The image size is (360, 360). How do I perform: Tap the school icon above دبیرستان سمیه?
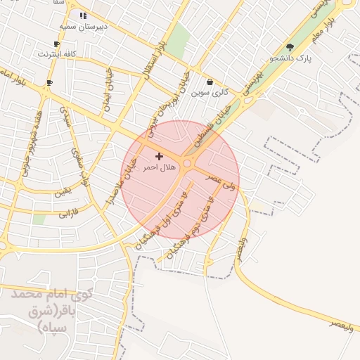point(83,15)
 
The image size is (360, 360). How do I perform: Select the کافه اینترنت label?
point(57,53)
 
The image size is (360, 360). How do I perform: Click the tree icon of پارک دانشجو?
point(290,47)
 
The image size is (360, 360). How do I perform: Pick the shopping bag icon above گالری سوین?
point(210,82)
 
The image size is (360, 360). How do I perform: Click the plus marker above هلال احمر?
point(159,155)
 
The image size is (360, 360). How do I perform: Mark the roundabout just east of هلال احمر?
point(188,164)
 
